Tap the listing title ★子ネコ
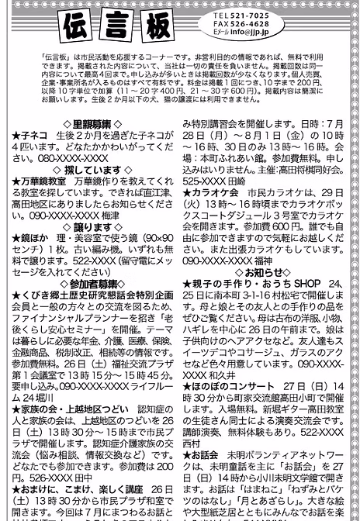(x=28, y=134)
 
